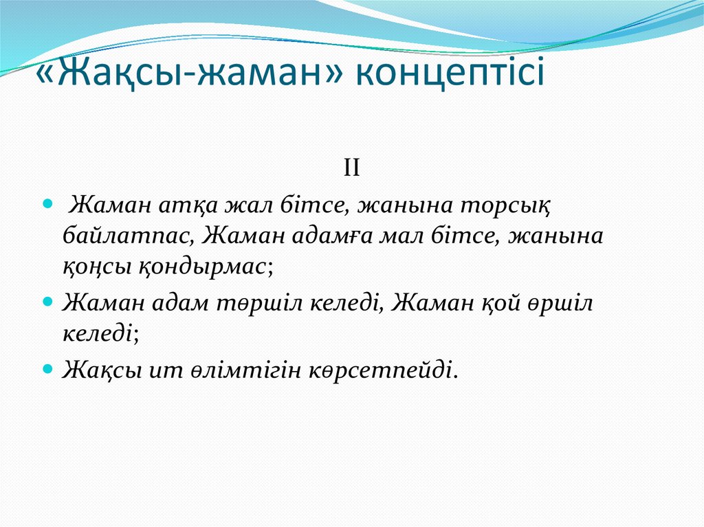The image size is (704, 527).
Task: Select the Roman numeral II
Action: coord(352,168)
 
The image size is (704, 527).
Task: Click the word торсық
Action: coord(509,205)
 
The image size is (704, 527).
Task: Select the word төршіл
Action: coord(261,303)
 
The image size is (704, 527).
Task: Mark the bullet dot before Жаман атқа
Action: coord(47,205)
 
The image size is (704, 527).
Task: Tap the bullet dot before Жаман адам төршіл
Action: coord(47,302)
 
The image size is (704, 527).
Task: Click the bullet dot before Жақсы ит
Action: coord(47,370)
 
